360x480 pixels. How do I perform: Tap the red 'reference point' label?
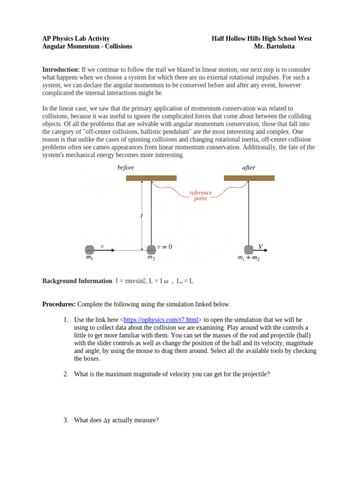(x=201, y=195)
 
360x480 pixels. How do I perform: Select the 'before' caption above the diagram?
(x=126, y=167)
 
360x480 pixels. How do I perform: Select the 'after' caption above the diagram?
(x=248, y=167)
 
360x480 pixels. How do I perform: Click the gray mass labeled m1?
(x=90, y=249)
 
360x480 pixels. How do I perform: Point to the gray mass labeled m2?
(x=151, y=249)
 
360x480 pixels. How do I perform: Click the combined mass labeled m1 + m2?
(x=248, y=249)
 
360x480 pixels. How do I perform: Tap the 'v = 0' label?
(x=165, y=247)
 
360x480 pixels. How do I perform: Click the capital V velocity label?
(x=261, y=246)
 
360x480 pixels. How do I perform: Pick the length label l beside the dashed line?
(x=141, y=216)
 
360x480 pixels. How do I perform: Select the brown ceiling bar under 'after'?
(x=249, y=178)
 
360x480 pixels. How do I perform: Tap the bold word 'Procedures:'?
(x=59, y=304)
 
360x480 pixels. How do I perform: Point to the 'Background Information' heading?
(x=77, y=281)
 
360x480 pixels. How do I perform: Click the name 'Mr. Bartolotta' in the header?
(x=274, y=46)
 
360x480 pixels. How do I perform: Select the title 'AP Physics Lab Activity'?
(x=76, y=38)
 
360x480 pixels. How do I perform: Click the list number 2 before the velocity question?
(x=66, y=374)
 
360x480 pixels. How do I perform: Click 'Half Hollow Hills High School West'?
(x=262, y=38)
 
